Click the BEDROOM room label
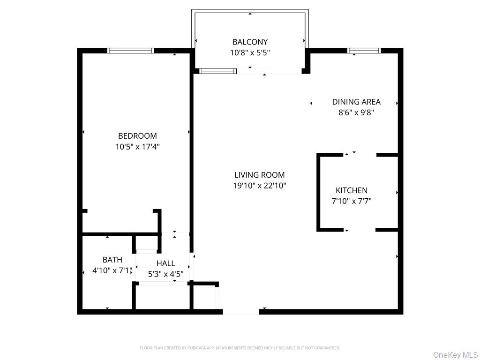pos(137,136)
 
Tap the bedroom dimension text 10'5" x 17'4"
pos(137,147)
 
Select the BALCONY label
pos(250,42)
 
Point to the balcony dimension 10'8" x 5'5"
pos(250,53)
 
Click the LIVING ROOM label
pos(259,175)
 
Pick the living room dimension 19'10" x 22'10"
pos(259,186)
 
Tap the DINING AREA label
pos(356,102)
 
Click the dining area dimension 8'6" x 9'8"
pos(356,112)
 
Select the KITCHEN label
pos(352,190)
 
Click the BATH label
pos(112,260)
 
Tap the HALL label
pos(165,263)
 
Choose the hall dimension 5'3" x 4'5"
pos(165,274)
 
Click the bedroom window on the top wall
pos(131,51)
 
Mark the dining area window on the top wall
pos(364,51)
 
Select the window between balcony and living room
pos(217,71)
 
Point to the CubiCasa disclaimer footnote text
pos(240,348)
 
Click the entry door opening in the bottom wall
pos(241,311)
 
